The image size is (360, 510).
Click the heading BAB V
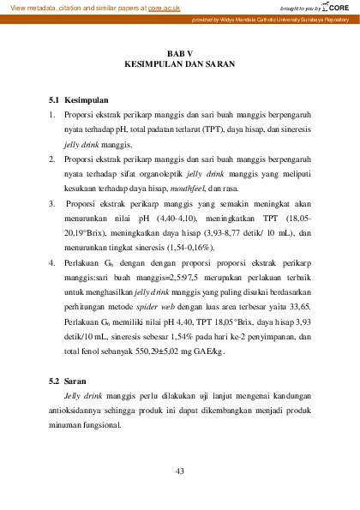(179, 53)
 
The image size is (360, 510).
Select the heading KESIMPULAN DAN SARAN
(179, 64)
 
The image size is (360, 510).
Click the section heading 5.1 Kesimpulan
(79, 100)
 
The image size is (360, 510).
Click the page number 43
(179, 471)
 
